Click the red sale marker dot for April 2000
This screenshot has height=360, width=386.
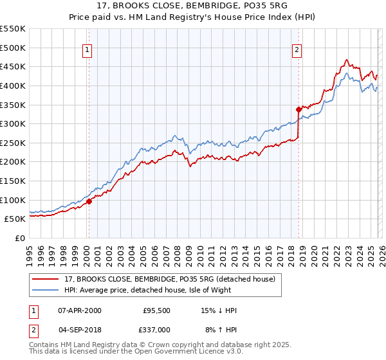coord(89,201)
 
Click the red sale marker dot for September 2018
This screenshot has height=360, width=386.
coord(299,109)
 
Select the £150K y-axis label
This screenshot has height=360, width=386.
coord(13,181)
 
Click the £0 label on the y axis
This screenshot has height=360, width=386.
coord(19,238)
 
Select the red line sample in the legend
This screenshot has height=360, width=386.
coord(46,279)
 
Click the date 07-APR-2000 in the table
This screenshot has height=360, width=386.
coord(80,310)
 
